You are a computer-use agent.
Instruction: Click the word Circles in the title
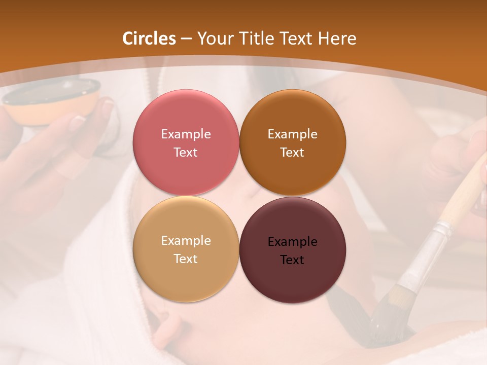point(149,39)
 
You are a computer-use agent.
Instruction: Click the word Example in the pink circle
point(186,134)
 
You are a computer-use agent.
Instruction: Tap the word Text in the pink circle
point(186,153)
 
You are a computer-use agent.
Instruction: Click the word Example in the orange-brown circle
point(292,134)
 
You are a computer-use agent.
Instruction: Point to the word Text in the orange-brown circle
point(292,153)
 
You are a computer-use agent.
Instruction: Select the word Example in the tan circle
point(186,241)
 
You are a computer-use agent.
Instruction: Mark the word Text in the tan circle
point(186,259)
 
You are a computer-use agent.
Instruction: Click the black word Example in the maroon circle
point(292,242)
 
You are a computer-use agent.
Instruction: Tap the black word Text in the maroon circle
point(292,260)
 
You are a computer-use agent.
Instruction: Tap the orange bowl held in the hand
point(51,101)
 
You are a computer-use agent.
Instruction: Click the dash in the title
point(186,39)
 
